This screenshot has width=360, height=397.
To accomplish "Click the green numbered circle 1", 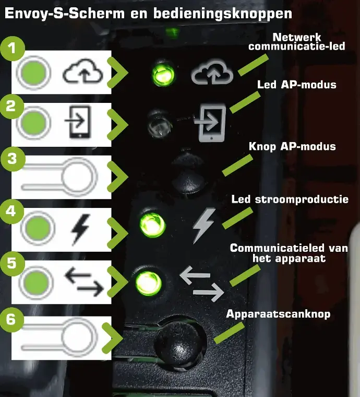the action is point(13,49).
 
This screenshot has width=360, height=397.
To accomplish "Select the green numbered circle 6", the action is point(11,320).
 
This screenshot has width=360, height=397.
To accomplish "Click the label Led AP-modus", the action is point(296,85).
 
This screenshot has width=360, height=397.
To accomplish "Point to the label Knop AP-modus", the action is point(292,146).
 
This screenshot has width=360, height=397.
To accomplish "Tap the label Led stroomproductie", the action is point(290,199).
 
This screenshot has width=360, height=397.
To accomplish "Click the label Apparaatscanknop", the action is point(278,314).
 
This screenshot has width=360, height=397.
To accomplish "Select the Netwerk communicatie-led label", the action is point(297,42).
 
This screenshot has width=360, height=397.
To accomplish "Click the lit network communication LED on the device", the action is point(163,74).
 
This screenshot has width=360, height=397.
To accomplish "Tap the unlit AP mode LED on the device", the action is point(160,124).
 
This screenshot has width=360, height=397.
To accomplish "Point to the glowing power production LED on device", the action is point(152,225).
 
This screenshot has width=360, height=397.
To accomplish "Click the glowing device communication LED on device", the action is point(148,283).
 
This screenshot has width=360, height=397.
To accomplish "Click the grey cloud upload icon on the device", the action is point(212,72).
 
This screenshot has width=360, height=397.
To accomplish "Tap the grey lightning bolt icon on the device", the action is point(203,226).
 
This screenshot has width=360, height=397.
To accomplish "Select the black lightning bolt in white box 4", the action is point(80,229).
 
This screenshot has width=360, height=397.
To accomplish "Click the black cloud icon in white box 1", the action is point(82,71).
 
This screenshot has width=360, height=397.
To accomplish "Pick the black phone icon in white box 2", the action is point(78,122).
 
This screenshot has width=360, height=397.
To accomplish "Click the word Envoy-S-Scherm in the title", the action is point(65,13).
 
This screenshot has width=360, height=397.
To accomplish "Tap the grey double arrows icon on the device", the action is point(202,284).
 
